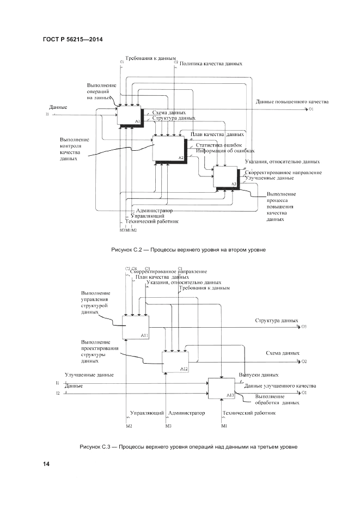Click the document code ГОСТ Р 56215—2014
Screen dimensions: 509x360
72,39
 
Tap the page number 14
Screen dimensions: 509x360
46,464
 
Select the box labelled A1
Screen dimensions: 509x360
130,115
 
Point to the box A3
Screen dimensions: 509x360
225,176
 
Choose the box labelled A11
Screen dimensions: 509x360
136,327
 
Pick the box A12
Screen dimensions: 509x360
175,361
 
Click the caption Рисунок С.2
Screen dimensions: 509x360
188,250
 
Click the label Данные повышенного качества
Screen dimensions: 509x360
292,102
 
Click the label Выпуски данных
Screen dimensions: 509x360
259,375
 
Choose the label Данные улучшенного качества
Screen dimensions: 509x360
280,385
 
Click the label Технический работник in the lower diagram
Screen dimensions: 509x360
249,413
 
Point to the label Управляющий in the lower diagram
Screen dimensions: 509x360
147,413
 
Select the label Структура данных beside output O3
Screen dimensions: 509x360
277,321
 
